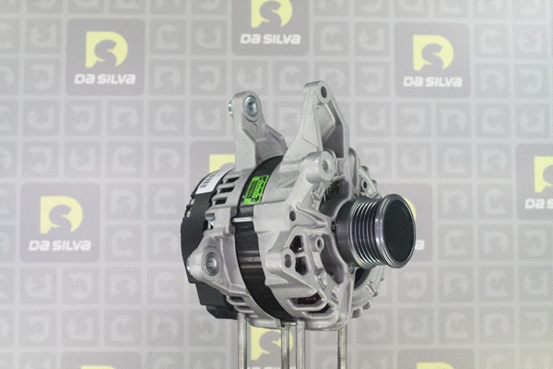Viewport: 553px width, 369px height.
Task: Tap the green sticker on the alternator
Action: tap(254, 189)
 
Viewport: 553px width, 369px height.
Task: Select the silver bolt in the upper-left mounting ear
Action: tap(251, 108)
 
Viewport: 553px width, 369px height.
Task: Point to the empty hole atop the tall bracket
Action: tap(322, 92)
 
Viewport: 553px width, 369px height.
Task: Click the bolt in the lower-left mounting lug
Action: tap(212, 265)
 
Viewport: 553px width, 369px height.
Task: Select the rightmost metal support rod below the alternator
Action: tap(341, 346)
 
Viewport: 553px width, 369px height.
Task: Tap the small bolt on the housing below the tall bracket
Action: tap(324, 167)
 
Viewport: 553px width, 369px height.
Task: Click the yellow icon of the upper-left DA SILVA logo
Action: tap(105, 50)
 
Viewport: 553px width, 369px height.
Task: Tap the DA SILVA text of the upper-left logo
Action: tap(105, 79)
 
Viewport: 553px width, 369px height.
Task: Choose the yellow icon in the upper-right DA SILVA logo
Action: tap(432, 53)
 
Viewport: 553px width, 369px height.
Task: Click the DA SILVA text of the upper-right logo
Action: tap(432, 81)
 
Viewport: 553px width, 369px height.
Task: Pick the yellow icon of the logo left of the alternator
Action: tap(61, 214)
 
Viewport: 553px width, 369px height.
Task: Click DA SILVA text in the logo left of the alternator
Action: tap(61, 244)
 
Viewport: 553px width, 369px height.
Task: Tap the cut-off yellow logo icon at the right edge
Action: tap(543, 174)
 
